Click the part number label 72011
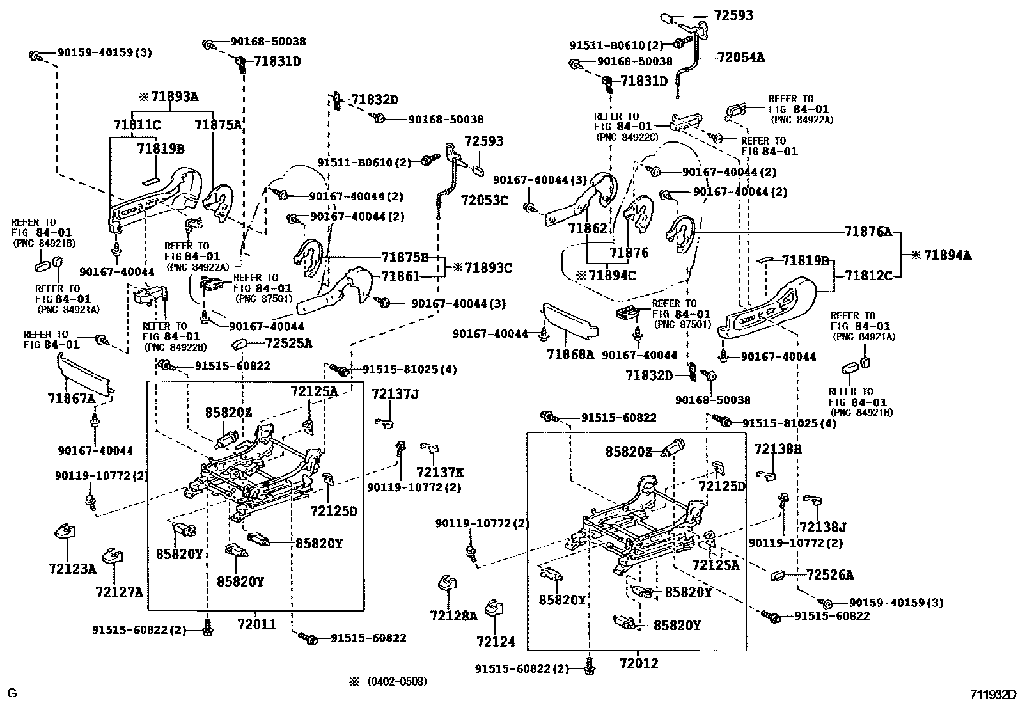pyautogui.click(x=256, y=624)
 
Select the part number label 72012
pyautogui.click(x=639, y=663)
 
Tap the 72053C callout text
pyautogui.click(x=484, y=200)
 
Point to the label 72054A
pyautogui.click(x=740, y=58)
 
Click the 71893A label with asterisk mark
pyautogui.click(x=169, y=97)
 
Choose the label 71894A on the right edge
pyautogui.click(x=941, y=255)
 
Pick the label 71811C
pyautogui.click(x=137, y=124)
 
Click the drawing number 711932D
pyautogui.click(x=992, y=695)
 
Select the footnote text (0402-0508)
pyautogui.click(x=397, y=682)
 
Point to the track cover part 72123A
pyautogui.click(x=65, y=531)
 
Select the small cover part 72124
pyautogui.click(x=494, y=608)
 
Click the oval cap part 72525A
pyautogui.click(x=240, y=344)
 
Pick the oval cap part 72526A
pyautogui.click(x=778, y=575)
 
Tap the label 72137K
pyautogui.click(x=440, y=472)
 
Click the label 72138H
pyautogui.click(x=778, y=449)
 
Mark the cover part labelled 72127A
pyautogui.click(x=113, y=556)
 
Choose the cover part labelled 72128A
pyautogui.click(x=447, y=583)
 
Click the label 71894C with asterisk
pyautogui.click(x=606, y=275)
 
